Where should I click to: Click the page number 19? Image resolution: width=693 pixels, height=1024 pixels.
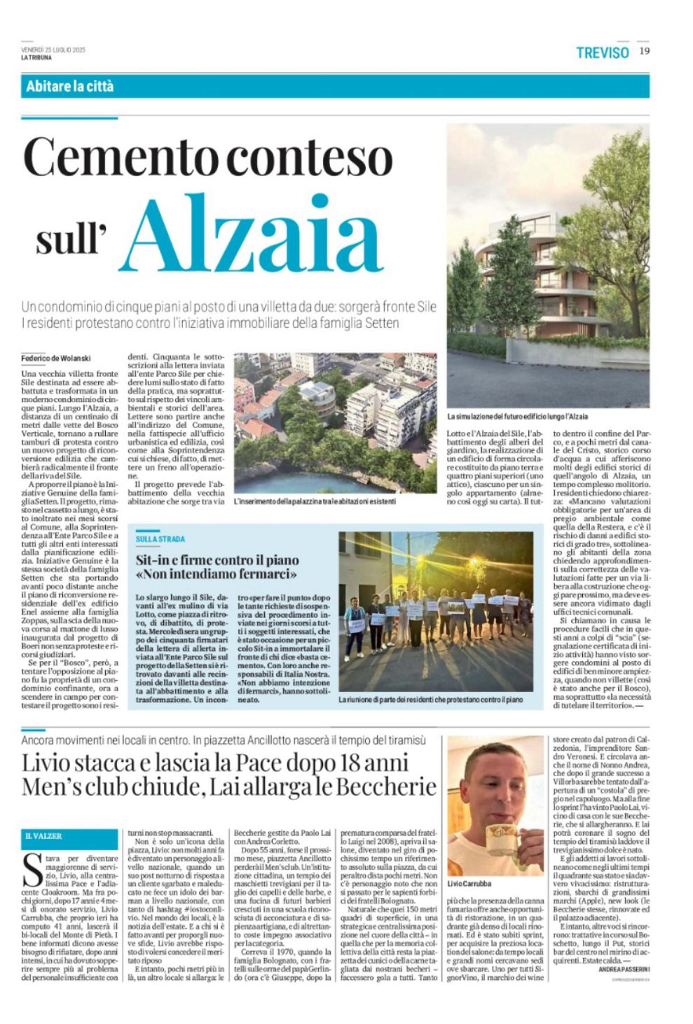point(644,50)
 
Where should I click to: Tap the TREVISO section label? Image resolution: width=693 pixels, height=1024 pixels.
point(602,52)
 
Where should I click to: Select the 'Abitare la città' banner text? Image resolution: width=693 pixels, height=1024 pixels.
point(69,87)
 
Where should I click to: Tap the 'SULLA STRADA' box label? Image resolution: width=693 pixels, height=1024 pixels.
point(160,539)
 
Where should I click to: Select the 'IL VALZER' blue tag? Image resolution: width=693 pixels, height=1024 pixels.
point(43,836)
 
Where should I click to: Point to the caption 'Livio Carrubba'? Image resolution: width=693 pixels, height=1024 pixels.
point(469,884)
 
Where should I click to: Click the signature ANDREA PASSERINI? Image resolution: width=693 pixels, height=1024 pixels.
point(624,969)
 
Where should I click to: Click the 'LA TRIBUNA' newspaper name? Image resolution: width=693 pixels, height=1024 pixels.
point(36,57)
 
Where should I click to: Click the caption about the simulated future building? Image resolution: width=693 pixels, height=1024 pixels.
point(517,417)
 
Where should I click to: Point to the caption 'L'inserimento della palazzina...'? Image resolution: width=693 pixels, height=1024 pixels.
point(315,501)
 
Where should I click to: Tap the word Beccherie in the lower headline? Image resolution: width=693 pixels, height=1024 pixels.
point(386,787)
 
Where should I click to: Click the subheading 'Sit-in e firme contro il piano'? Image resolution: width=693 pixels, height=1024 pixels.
point(217,560)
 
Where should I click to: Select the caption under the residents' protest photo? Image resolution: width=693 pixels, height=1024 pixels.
point(430,700)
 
